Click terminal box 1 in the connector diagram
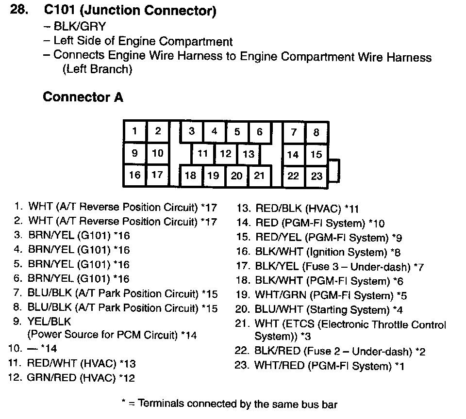134,131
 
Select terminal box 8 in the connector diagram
316,132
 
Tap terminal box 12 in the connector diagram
226,154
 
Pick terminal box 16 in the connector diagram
134,175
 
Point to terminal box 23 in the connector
316,176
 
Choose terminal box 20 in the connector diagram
236,176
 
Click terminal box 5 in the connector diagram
237,132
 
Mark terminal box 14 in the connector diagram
293,155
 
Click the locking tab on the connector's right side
334,171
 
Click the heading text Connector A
83,97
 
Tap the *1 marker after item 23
399,366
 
